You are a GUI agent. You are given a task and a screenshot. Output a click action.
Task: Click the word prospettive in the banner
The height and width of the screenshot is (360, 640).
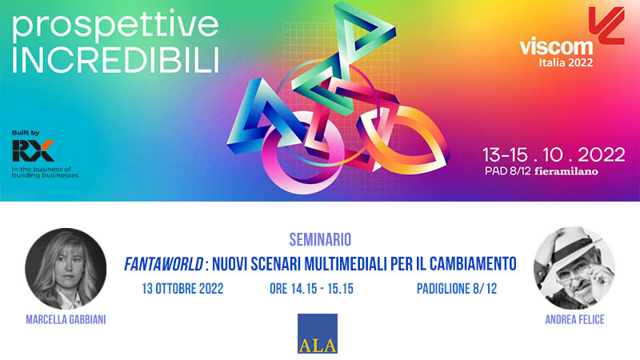(x=115, y=26)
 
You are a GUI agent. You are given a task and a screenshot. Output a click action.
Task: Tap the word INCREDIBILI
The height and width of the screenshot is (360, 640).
(x=115, y=61)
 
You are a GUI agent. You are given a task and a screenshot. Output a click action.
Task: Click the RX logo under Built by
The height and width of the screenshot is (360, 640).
(x=33, y=150)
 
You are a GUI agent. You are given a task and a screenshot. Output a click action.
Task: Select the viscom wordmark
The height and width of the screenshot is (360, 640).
(x=556, y=46)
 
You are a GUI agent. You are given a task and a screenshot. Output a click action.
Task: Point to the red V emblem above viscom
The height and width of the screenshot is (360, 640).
(x=607, y=26)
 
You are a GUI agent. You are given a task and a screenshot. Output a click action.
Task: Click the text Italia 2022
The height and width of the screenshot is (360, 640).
(x=566, y=62)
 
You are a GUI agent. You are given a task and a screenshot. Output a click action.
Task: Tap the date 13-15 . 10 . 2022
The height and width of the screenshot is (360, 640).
(x=554, y=154)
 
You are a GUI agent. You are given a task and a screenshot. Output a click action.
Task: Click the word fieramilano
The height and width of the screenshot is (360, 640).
(x=566, y=171)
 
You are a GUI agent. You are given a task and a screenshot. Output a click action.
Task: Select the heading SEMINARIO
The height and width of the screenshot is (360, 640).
(x=320, y=239)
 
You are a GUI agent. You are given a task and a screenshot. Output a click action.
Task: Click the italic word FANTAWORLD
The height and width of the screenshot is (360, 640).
(x=163, y=264)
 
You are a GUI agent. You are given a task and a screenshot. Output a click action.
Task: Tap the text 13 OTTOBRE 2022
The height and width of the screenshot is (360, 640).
(x=182, y=289)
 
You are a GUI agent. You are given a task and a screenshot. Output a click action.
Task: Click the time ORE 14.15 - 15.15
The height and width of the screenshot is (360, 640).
(x=311, y=289)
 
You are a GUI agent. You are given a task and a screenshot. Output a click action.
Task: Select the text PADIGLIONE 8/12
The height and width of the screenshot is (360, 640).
(x=457, y=289)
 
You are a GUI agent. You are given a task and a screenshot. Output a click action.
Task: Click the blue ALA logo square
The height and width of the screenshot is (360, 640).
(x=318, y=334)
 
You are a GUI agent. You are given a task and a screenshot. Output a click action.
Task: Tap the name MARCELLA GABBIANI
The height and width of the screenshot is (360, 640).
(x=66, y=319)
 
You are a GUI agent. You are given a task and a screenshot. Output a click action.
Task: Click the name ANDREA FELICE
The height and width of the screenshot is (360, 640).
(x=574, y=319)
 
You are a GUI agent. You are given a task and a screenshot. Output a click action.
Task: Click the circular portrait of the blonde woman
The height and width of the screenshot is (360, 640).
(x=66, y=269)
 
